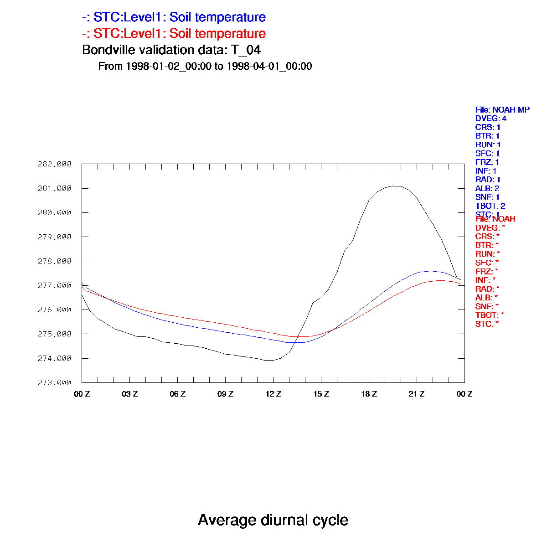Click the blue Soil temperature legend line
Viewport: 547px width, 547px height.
174,18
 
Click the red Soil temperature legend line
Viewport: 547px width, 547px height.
174,34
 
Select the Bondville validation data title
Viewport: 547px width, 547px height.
171,50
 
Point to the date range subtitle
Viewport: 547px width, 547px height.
205,66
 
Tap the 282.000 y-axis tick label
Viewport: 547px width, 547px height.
54,164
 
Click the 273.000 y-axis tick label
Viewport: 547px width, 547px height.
54,382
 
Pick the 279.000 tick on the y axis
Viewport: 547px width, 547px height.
54,237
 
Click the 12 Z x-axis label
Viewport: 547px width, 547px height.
273,394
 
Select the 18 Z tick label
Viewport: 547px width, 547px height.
369,394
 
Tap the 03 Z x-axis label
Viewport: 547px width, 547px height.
129,394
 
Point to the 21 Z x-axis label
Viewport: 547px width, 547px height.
417,394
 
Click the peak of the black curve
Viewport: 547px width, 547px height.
396,186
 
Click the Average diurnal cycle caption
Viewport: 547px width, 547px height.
273,520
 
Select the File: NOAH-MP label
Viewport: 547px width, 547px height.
502,110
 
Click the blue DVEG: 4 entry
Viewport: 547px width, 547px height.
491,119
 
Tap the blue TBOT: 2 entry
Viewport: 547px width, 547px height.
490,206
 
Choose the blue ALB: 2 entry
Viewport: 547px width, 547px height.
487,188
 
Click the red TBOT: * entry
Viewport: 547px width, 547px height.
490,315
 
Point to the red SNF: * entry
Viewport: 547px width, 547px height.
487,306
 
